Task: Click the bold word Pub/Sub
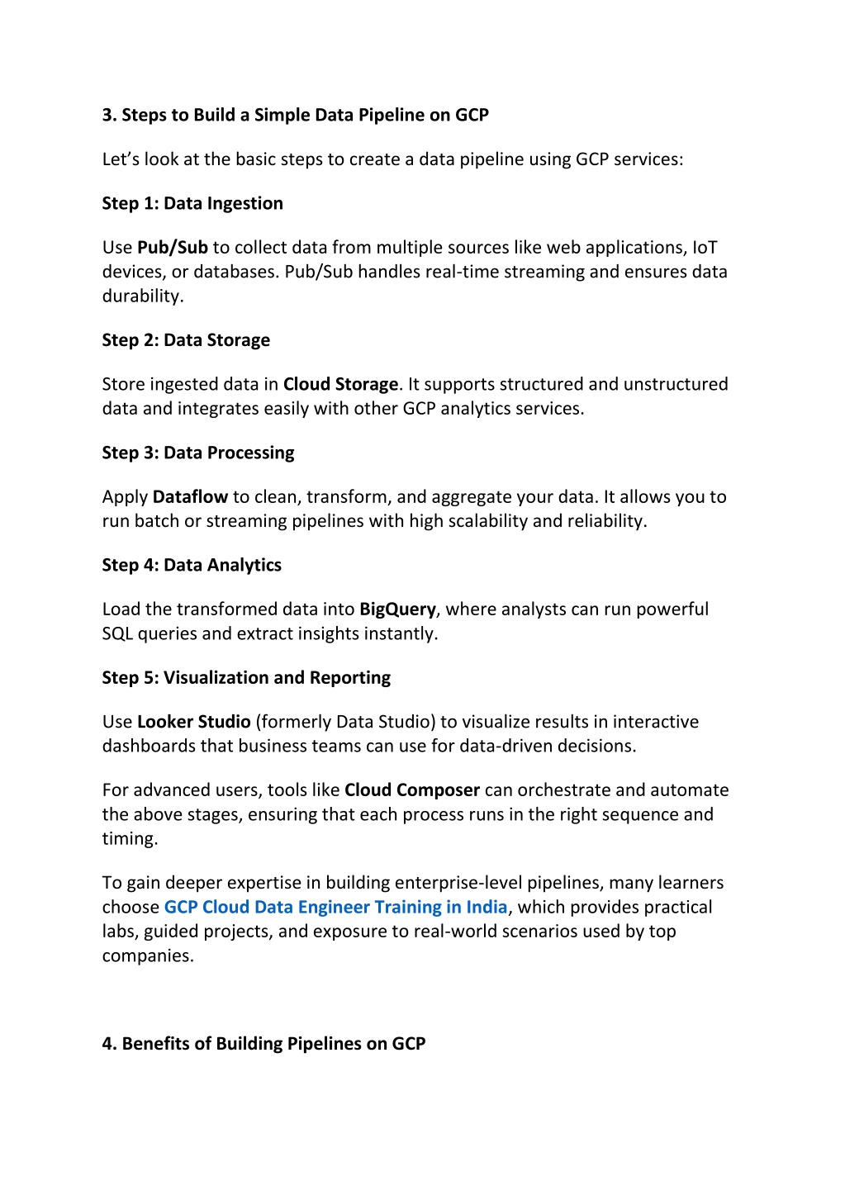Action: point(172,248)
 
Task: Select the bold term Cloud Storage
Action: point(340,385)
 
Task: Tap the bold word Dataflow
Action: point(190,497)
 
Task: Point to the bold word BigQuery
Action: point(397,609)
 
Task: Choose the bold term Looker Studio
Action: point(193,722)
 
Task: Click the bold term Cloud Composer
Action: point(411,790)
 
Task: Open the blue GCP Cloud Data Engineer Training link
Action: point(335,908)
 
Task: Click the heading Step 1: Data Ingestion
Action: point(192,204)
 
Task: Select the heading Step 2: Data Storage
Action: point(186,340)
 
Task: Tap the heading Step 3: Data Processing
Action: point(198,453)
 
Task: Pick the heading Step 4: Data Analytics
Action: point(192,565)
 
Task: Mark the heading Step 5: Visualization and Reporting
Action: point(246,678)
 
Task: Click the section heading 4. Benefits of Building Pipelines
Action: point(263,1044)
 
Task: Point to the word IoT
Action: point(705,248)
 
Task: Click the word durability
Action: point(142,296)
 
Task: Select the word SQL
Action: point(117,634)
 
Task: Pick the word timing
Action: point(129,839)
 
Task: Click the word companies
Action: point(147,956)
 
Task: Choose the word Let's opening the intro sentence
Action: point(121,159)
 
